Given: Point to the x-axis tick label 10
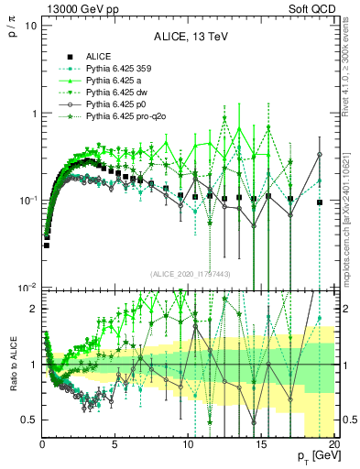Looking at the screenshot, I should (x=188, y=443).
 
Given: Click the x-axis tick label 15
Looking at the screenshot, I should (x=261, y=443).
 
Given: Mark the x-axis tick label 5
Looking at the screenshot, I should (x=115, y=443).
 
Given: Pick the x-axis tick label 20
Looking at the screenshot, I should (x=333, y=443).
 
